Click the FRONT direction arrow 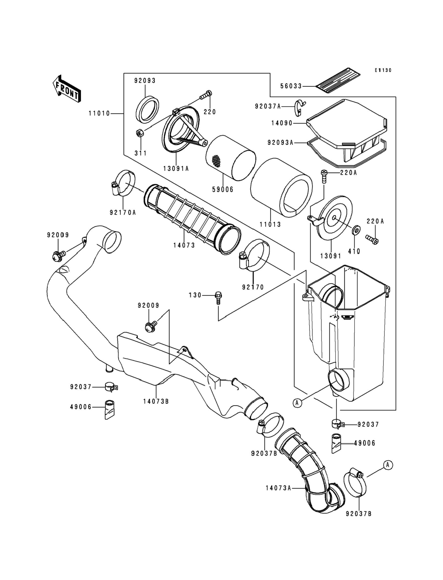coord(67,89)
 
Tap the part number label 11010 coord(99,114)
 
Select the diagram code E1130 coord(383,70)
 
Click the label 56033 coord(291,86)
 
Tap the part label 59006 coord(223,190)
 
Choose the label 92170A coord(123,212)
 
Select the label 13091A coord(176,168)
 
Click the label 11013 coord(270,225)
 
